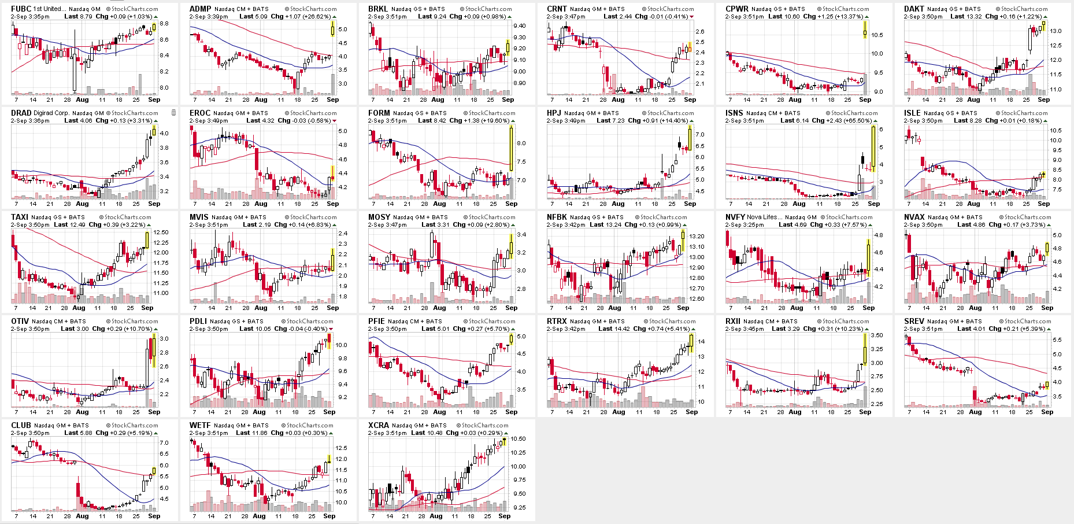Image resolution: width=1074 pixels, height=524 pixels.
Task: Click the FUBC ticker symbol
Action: pos(21,9)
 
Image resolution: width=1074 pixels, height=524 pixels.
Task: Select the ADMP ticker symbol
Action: pos(200,9)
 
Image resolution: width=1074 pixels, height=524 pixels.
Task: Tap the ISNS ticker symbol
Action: pos(734,113)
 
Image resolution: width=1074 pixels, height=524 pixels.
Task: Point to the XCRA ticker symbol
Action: pos(379,425)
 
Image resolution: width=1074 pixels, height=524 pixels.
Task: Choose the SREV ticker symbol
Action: pos(914,321)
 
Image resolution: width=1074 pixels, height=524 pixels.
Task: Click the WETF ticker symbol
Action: pos(200,425)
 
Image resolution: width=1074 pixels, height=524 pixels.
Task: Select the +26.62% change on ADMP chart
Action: pos(318,17)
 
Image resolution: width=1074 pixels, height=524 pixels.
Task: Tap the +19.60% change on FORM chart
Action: pos(496,121)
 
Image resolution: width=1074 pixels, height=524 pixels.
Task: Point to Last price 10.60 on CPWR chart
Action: pos(792,17)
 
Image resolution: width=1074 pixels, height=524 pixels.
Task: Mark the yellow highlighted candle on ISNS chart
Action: pos(873,147)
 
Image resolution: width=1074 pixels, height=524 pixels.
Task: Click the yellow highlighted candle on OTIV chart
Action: pos(153,350)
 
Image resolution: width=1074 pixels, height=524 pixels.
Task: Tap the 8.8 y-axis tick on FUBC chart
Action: pos(164,24)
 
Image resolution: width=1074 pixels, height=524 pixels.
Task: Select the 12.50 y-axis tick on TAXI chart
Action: pos(161,233)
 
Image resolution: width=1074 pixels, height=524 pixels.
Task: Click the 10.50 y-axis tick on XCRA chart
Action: pos(519,439)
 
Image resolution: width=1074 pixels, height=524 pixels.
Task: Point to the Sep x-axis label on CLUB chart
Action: pos(154,516)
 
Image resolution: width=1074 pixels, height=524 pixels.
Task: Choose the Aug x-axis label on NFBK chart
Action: pos(614,308)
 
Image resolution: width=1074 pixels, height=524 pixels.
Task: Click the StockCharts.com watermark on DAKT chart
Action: pos(1024,9)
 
